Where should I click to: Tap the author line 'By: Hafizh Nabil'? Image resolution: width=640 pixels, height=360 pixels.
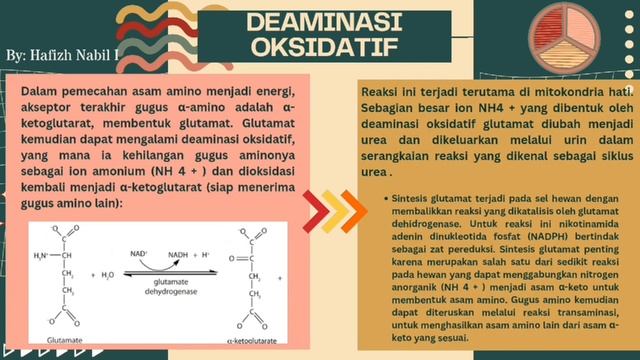62,52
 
